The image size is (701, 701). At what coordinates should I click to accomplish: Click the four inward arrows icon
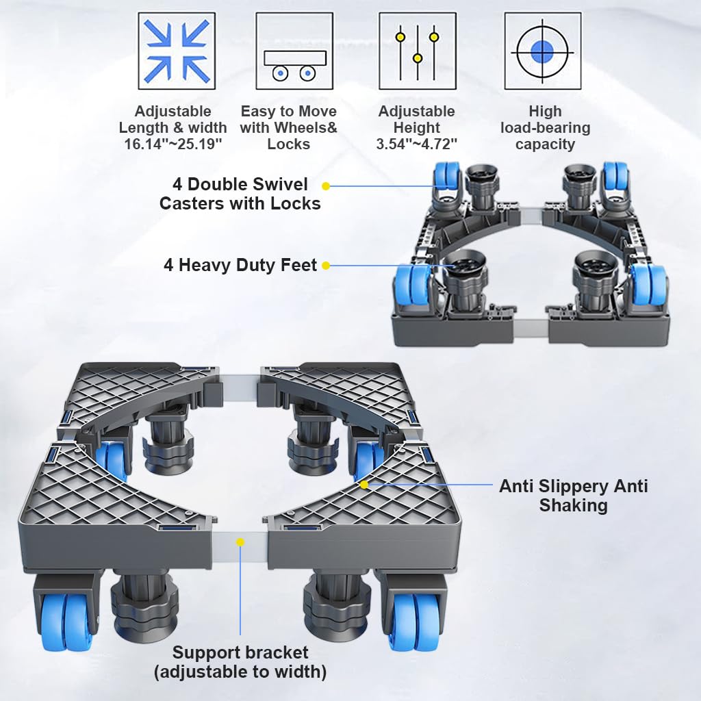click(177, 51)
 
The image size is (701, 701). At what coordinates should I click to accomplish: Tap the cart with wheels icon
click(294, 51)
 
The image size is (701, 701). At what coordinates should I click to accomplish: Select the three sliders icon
click(418, 51)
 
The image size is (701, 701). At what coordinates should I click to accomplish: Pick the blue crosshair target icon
click(543, 51)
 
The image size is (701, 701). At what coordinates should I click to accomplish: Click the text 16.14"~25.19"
click(173, 144)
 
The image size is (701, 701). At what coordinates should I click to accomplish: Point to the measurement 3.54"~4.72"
click(417, 144)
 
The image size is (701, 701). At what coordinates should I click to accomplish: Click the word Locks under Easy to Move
click(289, 144)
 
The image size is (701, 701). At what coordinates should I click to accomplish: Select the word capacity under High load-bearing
click(545, 144)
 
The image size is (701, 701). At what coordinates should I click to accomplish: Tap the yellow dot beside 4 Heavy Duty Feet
click(326, 266)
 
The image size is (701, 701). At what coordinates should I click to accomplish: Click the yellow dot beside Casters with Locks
click(326, 186)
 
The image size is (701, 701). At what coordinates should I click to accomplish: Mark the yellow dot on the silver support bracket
click(240, 542)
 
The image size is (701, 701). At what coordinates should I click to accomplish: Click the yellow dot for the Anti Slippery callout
click(364, 485)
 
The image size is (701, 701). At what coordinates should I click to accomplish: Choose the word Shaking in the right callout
click(573, 505)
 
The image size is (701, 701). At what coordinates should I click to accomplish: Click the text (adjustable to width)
click(240, 672)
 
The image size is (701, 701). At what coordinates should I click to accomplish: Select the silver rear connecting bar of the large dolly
click(240, 383)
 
